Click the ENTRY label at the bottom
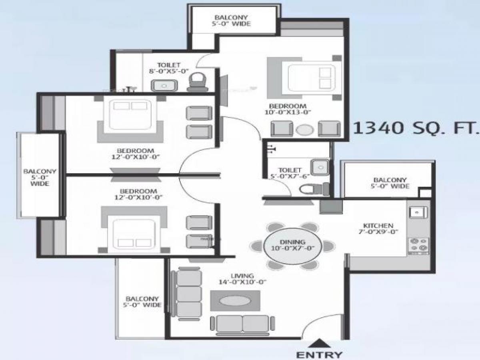[319, 354]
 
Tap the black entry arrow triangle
[319, 343]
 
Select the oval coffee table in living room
[235, 300]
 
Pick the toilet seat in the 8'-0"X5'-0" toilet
[196, 82]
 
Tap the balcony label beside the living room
[142, 302]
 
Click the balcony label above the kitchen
[390, 183]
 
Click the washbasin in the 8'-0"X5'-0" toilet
[164, 85]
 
